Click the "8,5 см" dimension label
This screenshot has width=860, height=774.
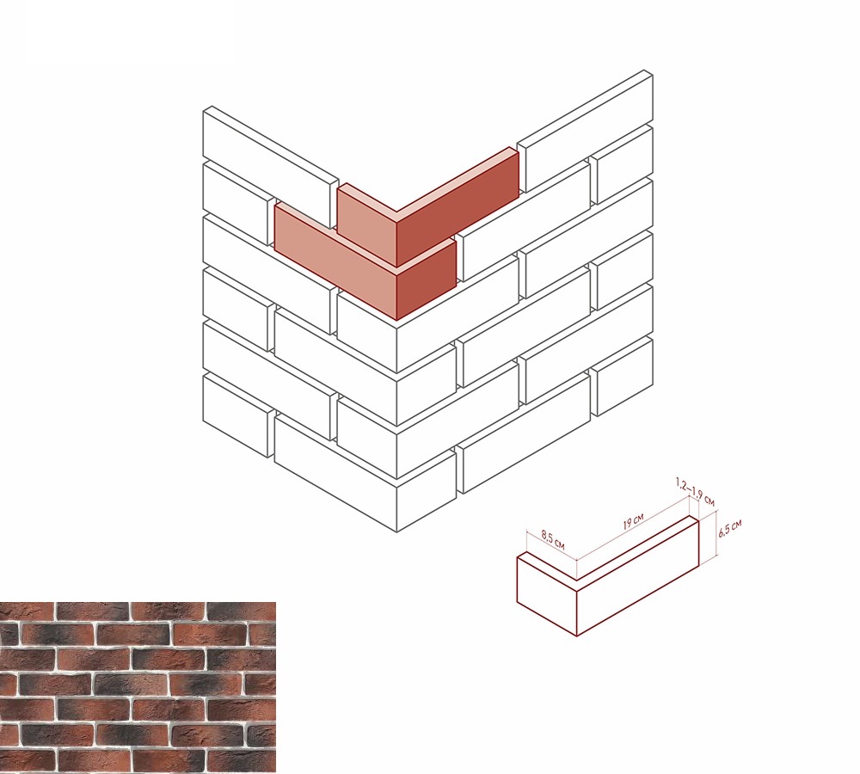pyautogui.click(x=553, y=539)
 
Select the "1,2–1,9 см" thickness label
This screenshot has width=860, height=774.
pyautogui.click(x=695, y=492)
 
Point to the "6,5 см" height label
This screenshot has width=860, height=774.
pyautogui.click(x=729, y=528)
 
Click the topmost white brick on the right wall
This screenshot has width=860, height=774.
pyautogui.click(x=585, y=131)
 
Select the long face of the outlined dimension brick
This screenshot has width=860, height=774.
pyautogui.click(x=638, y=576)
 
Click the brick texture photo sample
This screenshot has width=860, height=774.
pyautogui.click(x=138, y=687)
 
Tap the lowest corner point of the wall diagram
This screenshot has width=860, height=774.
pyautogui.click(x=396, y=531)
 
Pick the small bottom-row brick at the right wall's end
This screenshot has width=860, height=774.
pyautogui.click(x=622, y=377)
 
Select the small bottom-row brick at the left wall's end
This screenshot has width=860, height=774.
pyautogui.click(x=238, y=415)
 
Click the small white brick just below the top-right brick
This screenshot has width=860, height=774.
pyautogui.click(x=622, y=164)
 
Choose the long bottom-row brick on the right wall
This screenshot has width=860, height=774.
pyautogui.click(x=523, y=433)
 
